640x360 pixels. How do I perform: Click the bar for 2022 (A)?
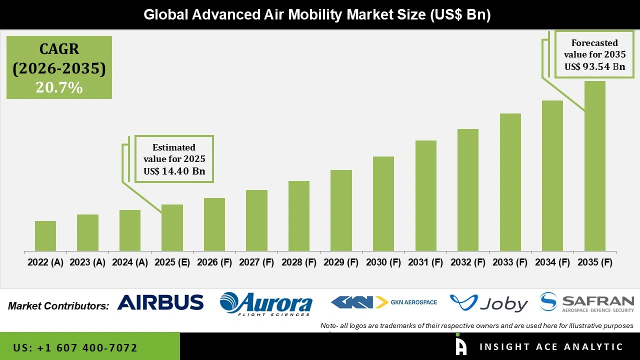(x=45, y=236)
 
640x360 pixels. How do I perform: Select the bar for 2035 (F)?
(x=594, y=166)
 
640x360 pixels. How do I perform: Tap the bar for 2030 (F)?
(x=383, y=204)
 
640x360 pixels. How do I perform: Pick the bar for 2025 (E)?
(x=172, y=228)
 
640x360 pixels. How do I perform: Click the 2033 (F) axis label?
(x=510, y=262)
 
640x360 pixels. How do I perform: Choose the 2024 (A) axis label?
(x=130, y=262)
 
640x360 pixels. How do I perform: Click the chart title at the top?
(x=317, y=14)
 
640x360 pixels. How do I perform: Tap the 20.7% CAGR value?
(x=59, y=88)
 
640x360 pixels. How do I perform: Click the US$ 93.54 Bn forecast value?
(x=594, y=66)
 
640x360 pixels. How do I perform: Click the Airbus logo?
(x=160, y=302)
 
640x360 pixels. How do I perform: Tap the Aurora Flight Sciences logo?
(x=266, y=303)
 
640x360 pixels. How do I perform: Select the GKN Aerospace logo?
(x=384, y=302)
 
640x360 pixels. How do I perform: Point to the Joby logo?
(x=488, y=303)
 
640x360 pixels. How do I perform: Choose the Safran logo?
(x=587, y=302)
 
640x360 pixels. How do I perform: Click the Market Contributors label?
(x=58, y=306)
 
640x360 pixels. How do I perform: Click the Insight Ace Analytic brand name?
(x=551, y=347)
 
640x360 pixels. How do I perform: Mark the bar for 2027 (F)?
(x=256, y=220)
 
